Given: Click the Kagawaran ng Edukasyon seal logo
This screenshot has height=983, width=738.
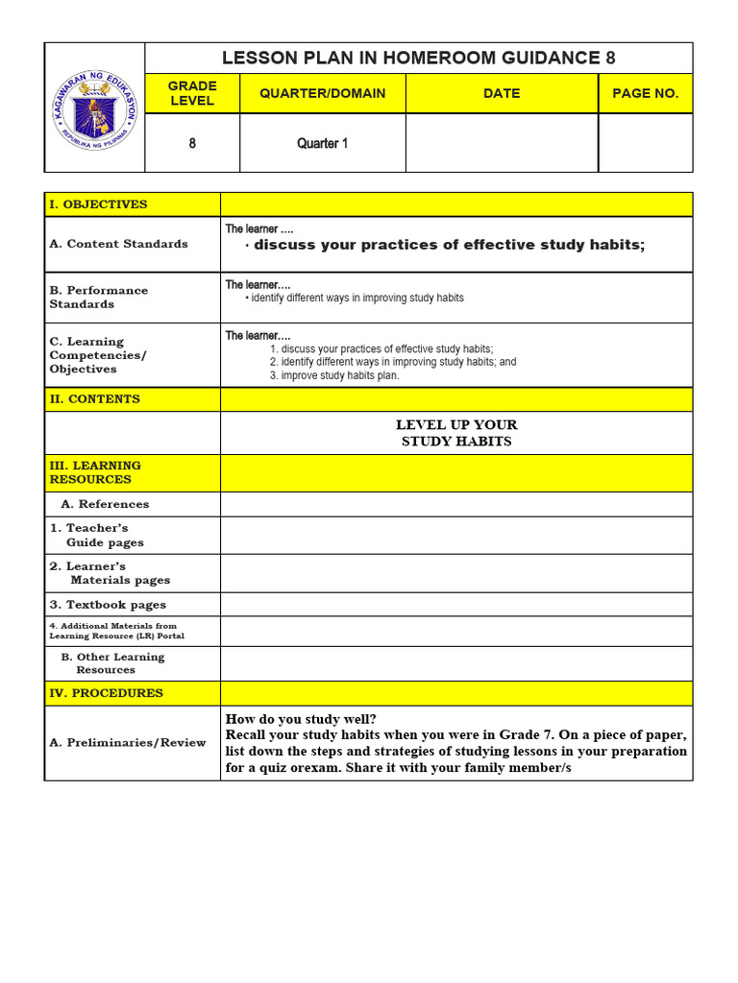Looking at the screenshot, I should [94, 108].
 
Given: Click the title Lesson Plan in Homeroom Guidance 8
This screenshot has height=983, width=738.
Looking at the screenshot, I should [418, 58].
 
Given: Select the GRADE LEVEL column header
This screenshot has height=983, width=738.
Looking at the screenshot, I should [192, 93].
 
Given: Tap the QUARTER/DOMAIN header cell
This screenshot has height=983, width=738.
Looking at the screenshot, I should [322, 93].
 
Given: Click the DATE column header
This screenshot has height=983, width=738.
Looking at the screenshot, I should [502, 93].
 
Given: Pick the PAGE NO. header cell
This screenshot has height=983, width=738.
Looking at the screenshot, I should [645, 93].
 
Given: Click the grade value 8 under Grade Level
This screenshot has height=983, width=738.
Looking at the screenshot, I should [192, 143].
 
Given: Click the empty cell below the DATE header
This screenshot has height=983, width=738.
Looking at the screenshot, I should [502, 143].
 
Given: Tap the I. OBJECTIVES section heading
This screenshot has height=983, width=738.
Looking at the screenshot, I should [98, 204].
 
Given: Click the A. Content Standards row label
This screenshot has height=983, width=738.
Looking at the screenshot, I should [118, 244].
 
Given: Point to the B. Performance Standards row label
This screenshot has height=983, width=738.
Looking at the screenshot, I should [99, 297].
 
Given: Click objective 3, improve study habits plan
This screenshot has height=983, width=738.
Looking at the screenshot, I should [333, 375].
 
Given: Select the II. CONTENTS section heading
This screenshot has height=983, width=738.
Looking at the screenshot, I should [94, 399].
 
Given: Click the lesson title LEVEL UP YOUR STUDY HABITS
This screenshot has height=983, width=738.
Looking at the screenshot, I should [456, 433].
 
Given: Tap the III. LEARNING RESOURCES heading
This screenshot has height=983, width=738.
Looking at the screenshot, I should [95, 472].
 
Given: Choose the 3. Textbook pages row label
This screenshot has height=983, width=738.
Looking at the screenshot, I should [108, 605].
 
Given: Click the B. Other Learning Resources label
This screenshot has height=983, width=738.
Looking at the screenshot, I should [112, 663].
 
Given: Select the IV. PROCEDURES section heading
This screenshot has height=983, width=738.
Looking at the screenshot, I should [106, 693].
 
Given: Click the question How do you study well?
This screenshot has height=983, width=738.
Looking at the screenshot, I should [301, 719].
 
